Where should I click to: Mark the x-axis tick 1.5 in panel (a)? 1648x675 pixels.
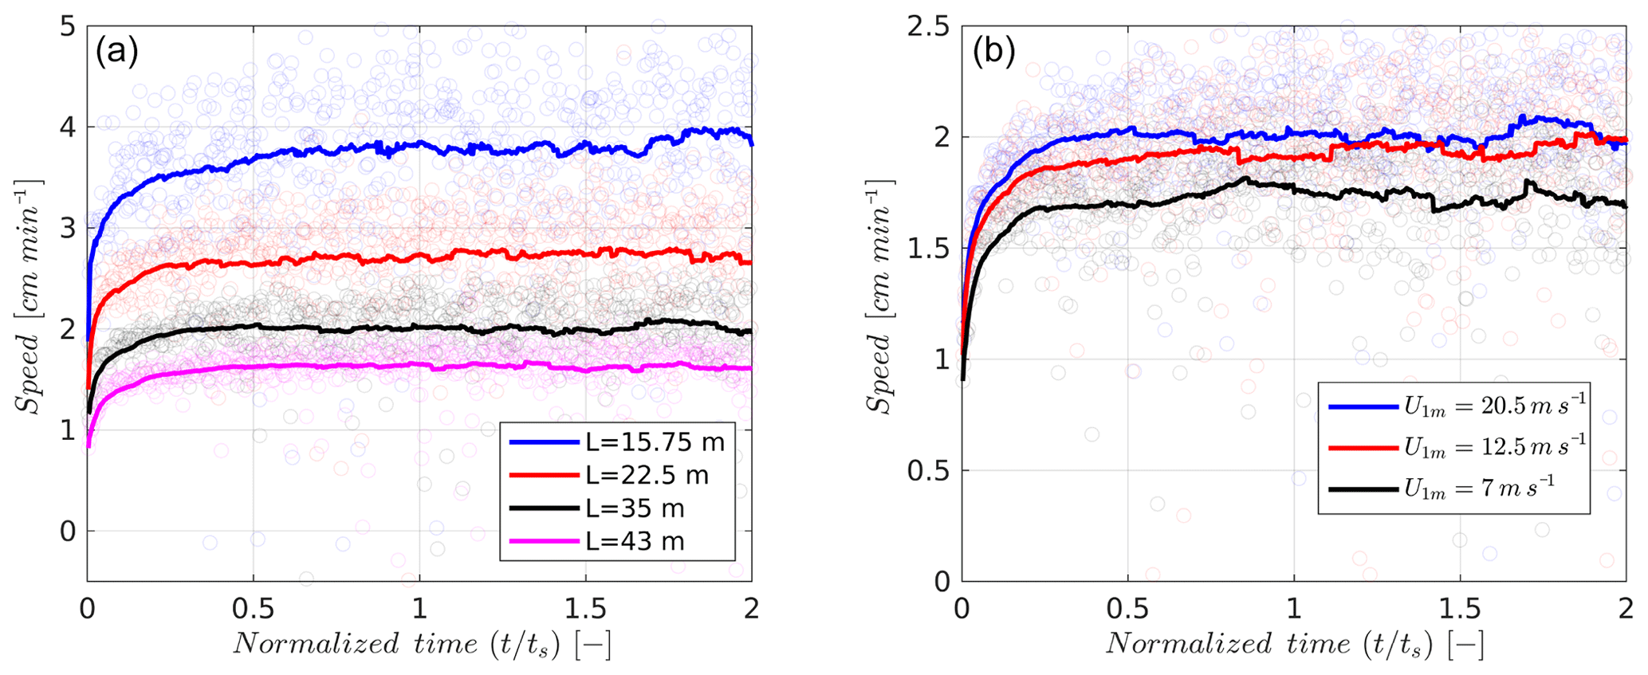[584, 609]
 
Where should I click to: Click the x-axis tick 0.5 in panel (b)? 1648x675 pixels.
[1127, 609]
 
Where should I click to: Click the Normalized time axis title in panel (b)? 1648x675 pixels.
[1293, 644]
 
